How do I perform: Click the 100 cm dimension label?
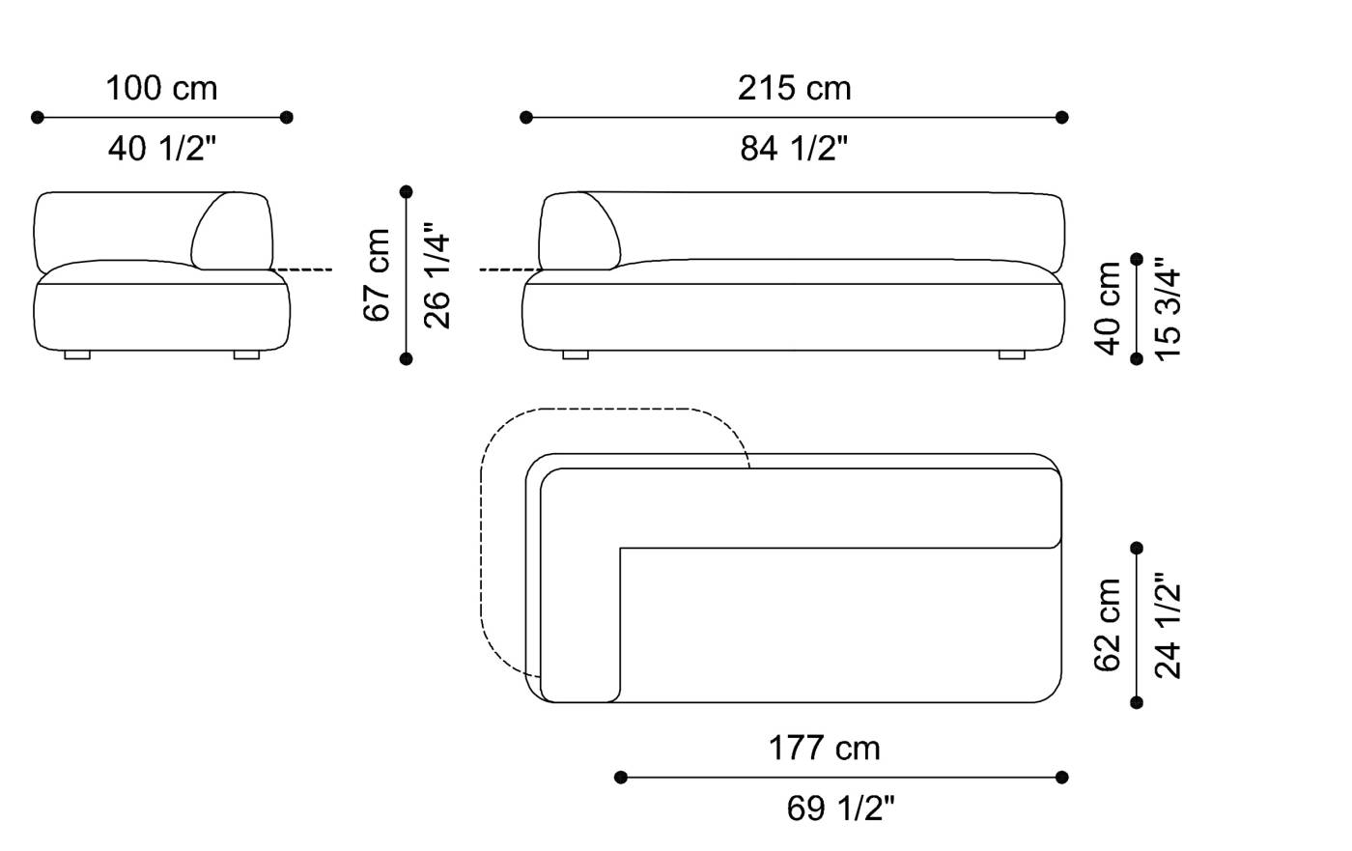(161, 89)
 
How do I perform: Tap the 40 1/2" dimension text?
(161, 149)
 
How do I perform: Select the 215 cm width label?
(794, 89)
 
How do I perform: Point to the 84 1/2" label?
(794, 149)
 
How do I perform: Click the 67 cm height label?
(378, 275)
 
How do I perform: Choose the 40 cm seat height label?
(1109, 307)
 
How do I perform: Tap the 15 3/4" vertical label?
(1168, 308)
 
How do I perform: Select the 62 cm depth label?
(1109, 624)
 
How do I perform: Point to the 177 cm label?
(824, 749)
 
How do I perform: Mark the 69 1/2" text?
(841, 808)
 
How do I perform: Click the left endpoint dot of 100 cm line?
(38, 118)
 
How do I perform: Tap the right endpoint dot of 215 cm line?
(1062, 118)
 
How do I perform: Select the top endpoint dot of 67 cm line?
(407, 191)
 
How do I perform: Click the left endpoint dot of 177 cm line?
(621, 777)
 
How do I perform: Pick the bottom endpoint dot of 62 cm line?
(1137, 702)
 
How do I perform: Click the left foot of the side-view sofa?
(77, 355)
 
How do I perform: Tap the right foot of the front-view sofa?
(1011, 355)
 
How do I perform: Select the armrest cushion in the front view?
(579, 230)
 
